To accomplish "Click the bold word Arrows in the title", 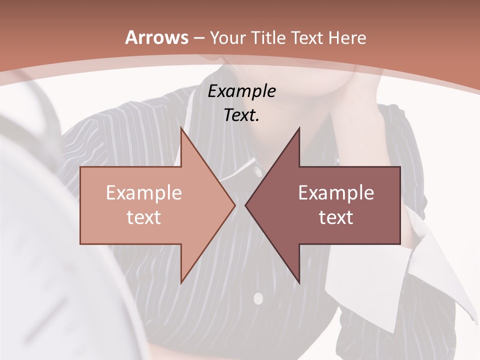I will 157,38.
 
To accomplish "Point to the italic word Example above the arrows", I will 241,91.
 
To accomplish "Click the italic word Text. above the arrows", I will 241,115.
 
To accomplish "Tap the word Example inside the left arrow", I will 144,193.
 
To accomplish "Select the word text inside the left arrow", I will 144,217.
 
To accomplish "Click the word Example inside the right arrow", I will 336,193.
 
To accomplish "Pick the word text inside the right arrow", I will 336,217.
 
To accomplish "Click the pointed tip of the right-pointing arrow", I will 234,205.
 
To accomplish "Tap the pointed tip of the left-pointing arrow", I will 246,205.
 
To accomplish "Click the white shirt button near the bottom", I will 258,299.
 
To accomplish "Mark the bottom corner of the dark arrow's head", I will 299,283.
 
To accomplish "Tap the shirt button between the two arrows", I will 257,172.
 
